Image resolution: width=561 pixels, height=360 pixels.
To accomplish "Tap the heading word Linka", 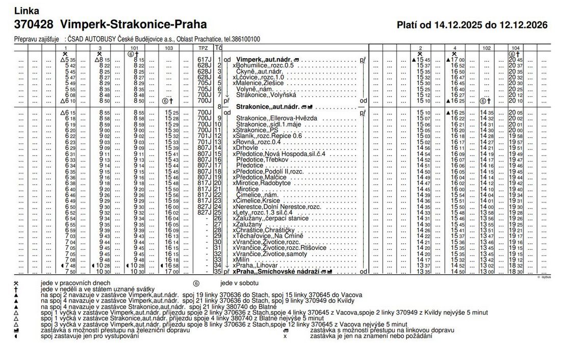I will [x=27, y=11].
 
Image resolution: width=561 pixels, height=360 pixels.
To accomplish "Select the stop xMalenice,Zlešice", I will [x=258, y=83].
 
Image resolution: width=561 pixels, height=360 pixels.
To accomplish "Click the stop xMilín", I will [x=241, y=260].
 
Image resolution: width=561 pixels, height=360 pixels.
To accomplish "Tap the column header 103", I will [x=169, y=47].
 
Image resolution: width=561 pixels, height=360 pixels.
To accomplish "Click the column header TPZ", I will [x=203, y=47].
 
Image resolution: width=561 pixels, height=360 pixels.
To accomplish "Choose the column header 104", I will [x=515, y=47].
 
